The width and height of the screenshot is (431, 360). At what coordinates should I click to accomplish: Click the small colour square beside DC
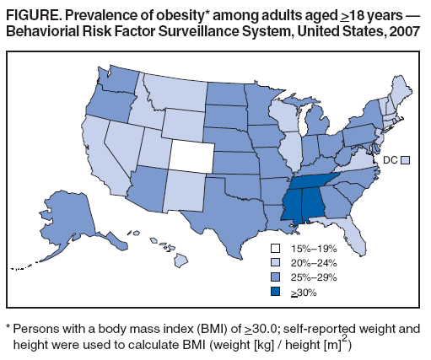tap(405, 159)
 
